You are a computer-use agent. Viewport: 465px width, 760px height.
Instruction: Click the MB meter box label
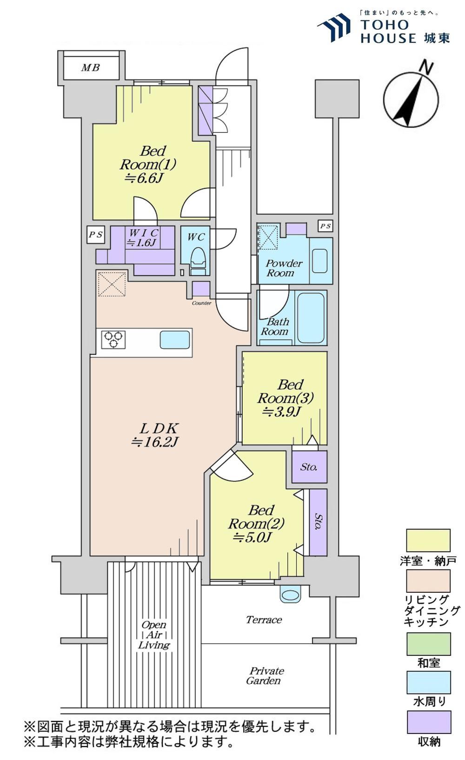pyautogui.click(x=90, y=67)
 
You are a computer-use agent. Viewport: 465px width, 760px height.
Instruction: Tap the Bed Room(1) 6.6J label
pyautogui.click(x=148, y=164)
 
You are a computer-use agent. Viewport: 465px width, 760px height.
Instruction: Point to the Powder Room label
pyautogui.click(x=284, y=268)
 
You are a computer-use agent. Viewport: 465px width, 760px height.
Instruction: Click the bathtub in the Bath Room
pyautogui.click(x=311, y=318)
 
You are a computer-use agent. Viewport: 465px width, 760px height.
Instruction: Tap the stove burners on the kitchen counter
pyautogui.click(x=113, y=339)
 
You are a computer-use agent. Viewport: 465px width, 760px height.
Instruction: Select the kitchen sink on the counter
pyautogui.click(x=175, y=340)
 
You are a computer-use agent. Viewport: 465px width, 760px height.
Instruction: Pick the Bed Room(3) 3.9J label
pyautogui.click(x=285, y=398)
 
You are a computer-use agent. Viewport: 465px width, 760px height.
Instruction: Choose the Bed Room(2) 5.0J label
pyautogui.click(x=256, y=523)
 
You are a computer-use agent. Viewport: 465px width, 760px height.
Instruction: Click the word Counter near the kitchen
pyautogui.click(x=201, y=303)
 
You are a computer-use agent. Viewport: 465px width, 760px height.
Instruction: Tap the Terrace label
pyautogui.click(x=264, y=620)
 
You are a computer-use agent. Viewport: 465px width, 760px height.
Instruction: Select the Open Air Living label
pyautogui.click(x=154, y=635)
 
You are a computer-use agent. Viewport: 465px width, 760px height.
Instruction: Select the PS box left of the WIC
pyautogui.click(x=95, y=235)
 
